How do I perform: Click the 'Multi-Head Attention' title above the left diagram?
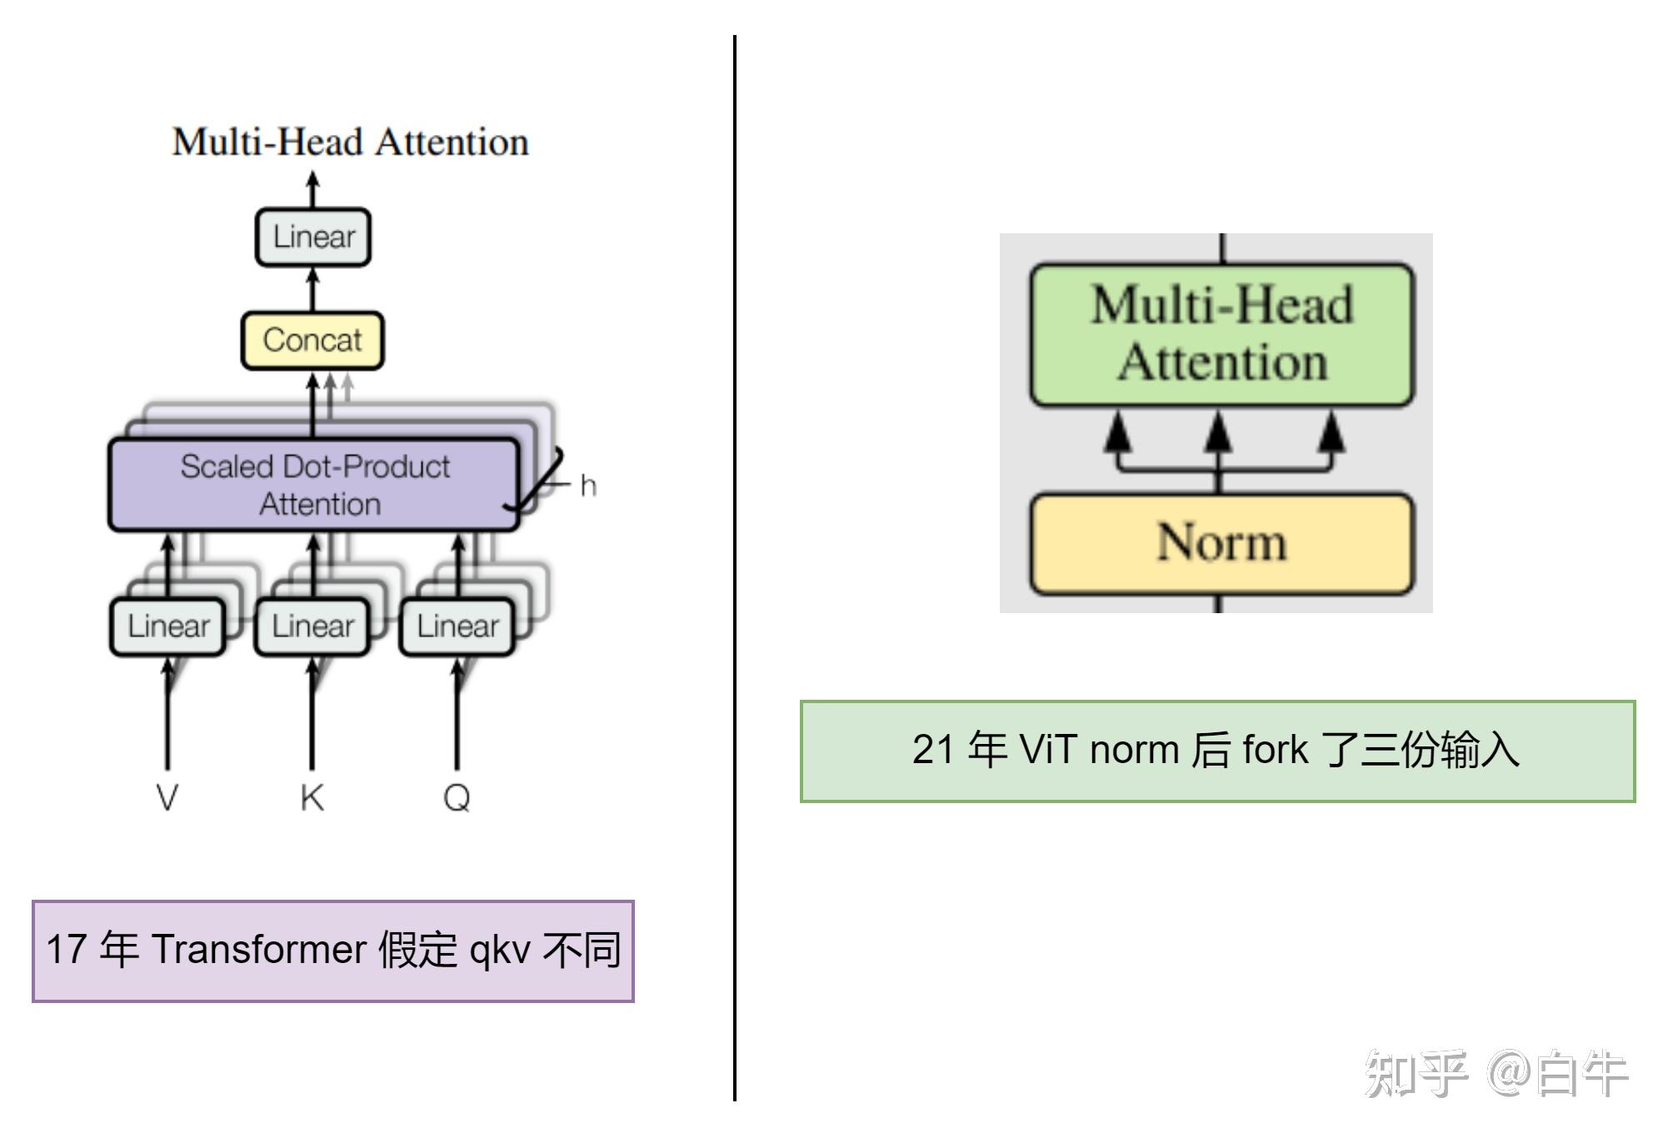[350, 142]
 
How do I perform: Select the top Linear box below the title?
[313, 237]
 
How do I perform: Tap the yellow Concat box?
[312, 340]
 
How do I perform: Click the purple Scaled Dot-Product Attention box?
[314, 485]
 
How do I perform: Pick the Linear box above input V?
[167, 626]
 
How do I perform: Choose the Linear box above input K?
[312, 626]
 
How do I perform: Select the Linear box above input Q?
[457, 626]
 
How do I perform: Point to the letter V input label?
[167, 798]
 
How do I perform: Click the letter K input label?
[312, 798]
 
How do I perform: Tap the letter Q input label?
[457, 798]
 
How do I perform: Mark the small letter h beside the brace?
[588, 486]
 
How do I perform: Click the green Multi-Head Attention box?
[1222, 334]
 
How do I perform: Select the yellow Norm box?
[1222, 543]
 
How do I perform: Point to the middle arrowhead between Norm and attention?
[1219, 433]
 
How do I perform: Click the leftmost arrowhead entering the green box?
[1118, 433]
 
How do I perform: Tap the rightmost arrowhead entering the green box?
[1332, 433]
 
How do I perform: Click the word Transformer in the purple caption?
[258, 950]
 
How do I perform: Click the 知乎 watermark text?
[1416, 1075]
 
